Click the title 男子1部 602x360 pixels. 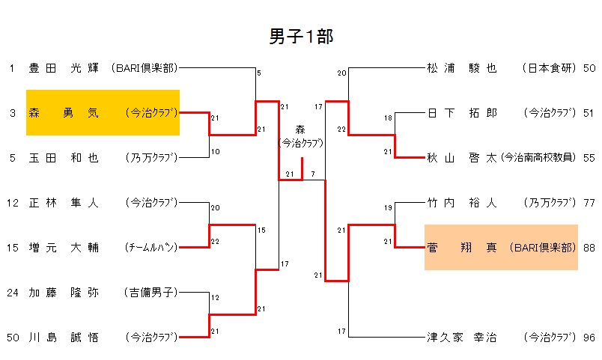click(x=301, y=37)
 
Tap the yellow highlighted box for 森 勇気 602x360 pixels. click(x=103, y=113)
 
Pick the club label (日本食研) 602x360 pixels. click(x=550, y=68)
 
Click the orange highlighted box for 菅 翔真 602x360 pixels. click(x=501, y=248)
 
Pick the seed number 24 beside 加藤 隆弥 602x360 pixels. click(x=13, y=293)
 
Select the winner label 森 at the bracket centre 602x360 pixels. click(x=301, y=129)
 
